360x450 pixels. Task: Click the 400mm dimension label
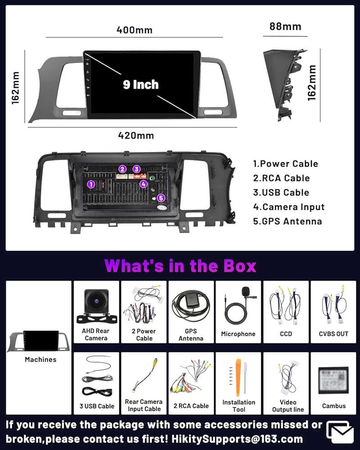(135, 30)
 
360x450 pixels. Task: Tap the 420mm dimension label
(136, 135)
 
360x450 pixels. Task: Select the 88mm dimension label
(285, 27)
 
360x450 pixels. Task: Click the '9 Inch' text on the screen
(141, 85)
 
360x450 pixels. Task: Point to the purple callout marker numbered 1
(91, 184)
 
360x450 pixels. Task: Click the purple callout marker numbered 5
(161, 198)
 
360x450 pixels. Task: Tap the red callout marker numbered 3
(136, 169)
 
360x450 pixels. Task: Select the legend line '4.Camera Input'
(288, 207)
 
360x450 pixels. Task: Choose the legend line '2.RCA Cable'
(281, 178)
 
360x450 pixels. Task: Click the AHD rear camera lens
(96, 301)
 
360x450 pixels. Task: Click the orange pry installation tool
(238, 377)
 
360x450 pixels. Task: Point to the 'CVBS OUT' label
(333, 334)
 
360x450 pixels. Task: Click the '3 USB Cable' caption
(97, 406)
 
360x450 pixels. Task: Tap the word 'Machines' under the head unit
(40, 359)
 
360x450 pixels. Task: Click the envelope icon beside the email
(340, 432)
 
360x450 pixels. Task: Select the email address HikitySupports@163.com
(237, 439)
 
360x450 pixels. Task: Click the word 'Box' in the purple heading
(240, 266)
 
